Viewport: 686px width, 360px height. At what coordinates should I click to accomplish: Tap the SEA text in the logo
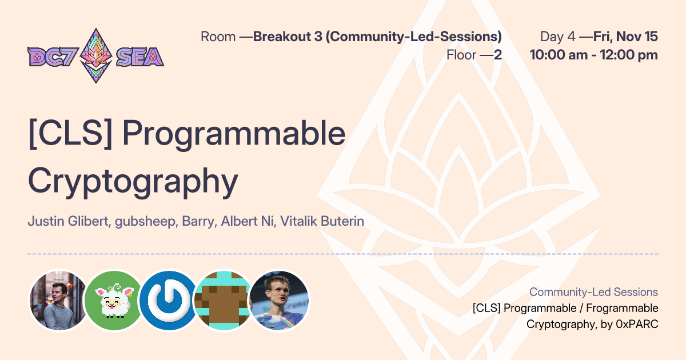(x=139, y=56)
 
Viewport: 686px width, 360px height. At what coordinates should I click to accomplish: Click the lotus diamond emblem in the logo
(x=95, y=55)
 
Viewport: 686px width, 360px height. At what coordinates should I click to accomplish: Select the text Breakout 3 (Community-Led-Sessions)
(x=377, y=37)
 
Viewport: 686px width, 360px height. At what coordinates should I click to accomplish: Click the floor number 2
(x=498, y=55)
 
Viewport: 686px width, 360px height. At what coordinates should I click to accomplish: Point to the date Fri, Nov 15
(x=625, y=37)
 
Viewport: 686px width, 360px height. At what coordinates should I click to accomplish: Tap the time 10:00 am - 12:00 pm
(x=593, y=55)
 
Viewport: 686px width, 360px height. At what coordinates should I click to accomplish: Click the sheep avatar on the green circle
(x=113, y=301)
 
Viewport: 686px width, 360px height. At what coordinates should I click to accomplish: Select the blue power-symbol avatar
(x=168, y=301)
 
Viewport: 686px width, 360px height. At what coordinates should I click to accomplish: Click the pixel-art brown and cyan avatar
(x=223, y=301)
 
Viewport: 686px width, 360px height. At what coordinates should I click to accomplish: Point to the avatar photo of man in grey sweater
(x=58, y=301)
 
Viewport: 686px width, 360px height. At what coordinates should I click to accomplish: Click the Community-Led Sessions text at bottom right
(x=593, y=292)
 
